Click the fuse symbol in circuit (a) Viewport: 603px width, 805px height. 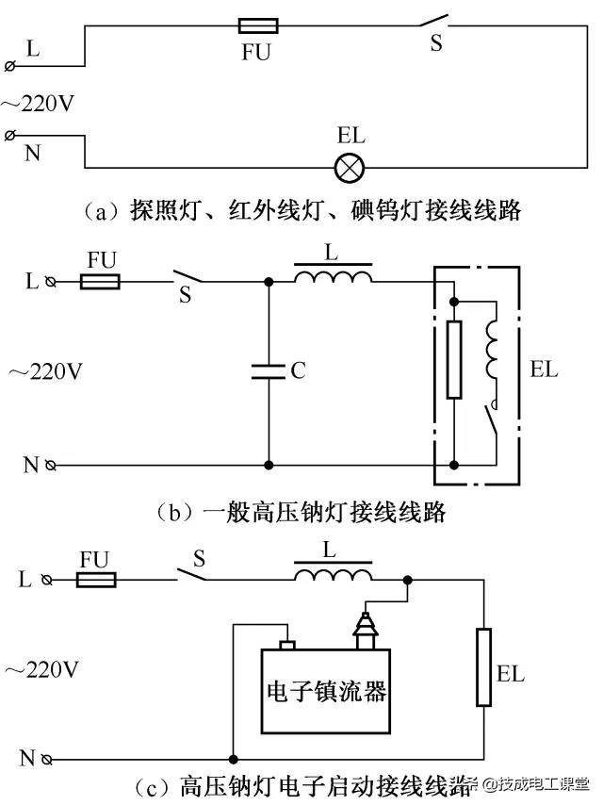point(255,26)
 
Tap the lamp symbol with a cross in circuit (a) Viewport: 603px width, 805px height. point(350,169)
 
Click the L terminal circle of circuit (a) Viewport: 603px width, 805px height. point(10,66)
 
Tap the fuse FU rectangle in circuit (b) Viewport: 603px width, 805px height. point(100,281)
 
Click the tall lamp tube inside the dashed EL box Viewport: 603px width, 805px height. point(454,360)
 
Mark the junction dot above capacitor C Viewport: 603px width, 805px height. point(269,281)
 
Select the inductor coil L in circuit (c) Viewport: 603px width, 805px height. point(333,575)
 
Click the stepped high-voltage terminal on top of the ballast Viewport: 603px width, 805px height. point(363,628)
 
